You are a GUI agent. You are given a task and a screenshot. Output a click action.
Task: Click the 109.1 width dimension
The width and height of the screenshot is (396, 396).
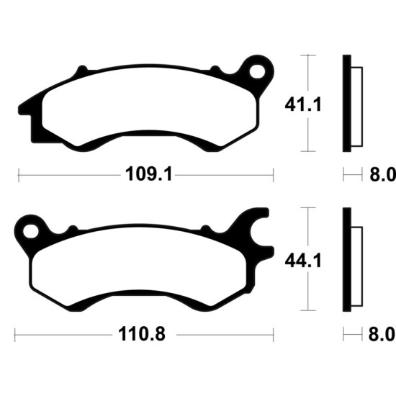click(x=149, y=174)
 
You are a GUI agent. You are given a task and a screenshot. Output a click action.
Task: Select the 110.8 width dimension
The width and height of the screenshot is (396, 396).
click(x=142, y=334)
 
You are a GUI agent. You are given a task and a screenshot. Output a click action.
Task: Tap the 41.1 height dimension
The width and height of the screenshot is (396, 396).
click(x=303, y=105)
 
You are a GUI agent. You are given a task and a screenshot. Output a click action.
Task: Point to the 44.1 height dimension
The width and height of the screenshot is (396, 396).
click(x=303, y=261)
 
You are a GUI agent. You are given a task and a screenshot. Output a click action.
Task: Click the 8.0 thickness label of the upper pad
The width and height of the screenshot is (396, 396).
click(x=382, y=174)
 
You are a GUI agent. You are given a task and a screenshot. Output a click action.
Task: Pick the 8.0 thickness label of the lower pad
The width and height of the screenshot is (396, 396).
click(x=382, y=334)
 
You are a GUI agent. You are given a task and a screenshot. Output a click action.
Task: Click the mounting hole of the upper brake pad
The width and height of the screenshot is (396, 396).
click(x=257, y=71)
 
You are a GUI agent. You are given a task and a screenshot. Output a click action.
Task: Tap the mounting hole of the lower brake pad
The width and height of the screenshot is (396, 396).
click(x=31, y=232)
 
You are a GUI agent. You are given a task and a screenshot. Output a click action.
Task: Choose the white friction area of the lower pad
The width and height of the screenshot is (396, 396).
click(x=139, y=266)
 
